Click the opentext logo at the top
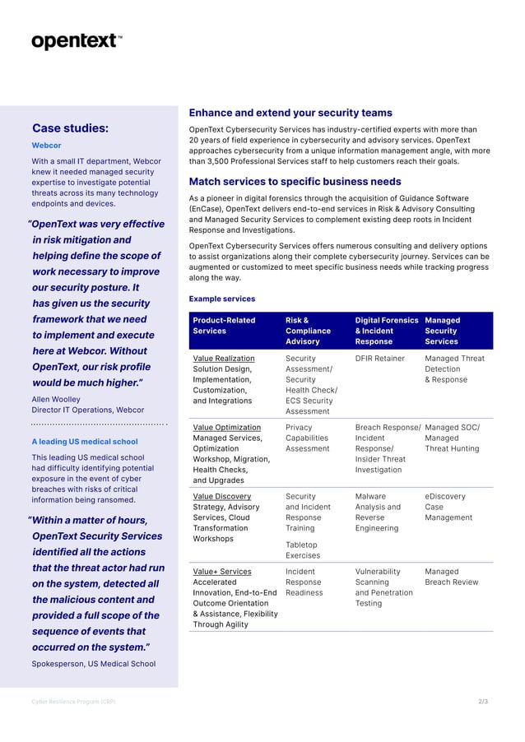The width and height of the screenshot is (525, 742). [x=77, y=41]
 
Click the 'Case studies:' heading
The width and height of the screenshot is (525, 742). [x=70, y=128]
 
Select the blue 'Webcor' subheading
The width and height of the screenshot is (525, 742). [x=46, y=146]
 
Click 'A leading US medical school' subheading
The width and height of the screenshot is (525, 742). [x=85, y=442]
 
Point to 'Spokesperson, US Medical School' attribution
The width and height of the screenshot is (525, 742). [x=93, y=663]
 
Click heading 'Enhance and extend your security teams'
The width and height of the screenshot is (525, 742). [x=290, y=113]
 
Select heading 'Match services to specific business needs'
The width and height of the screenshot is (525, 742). [x=295, y=182]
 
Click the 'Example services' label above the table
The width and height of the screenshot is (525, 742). [x=221, y=299]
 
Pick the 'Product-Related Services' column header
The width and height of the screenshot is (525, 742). [x=224, y=326]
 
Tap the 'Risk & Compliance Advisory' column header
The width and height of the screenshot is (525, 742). [x=308, y=331]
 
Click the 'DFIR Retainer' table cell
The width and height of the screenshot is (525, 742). [x=380, y=359]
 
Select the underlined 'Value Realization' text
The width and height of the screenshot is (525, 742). [x=224, y=359]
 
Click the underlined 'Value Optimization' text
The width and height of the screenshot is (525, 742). [x=226, y=428]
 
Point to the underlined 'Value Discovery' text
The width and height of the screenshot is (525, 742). [x=222, y=497]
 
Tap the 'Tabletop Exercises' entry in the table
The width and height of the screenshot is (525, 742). [x=303, y=550]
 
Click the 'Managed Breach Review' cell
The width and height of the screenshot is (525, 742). [x=451, y=577]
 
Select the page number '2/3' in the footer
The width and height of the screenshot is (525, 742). [x=482, y=702]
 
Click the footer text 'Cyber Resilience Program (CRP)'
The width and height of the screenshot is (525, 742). [x=73, y=702]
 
